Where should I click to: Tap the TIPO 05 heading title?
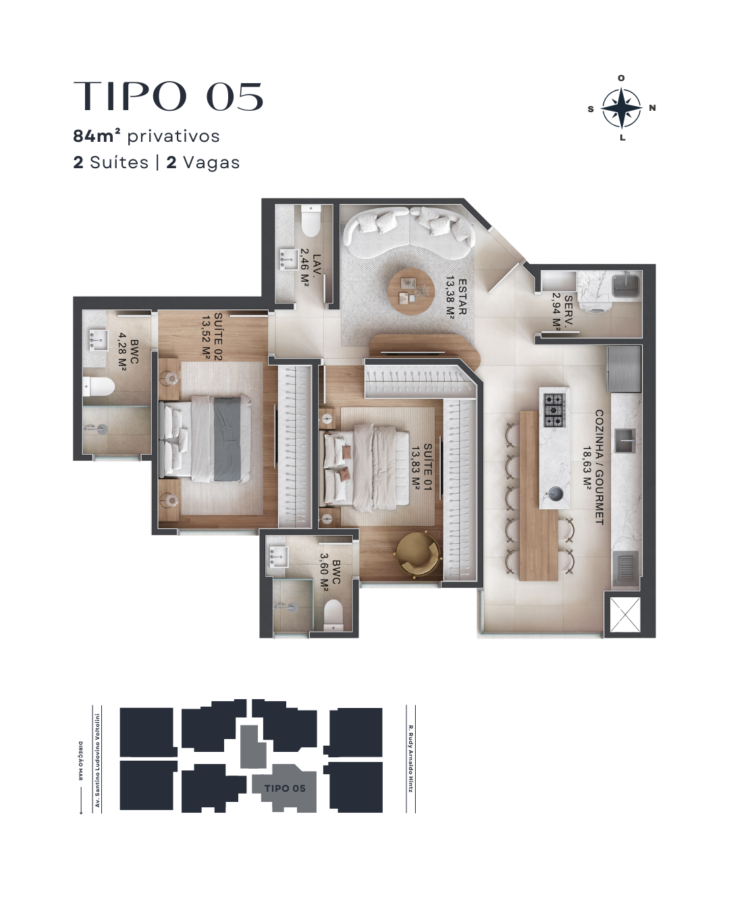click(168, 96)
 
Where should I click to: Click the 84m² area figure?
click(97, 136)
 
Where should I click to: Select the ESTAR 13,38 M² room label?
click(456, 297)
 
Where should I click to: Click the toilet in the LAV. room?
click(310, 221)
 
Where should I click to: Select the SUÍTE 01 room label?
click(421, 467)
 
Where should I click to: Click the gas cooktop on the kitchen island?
click(554, 410)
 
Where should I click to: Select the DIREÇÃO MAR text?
click(80, 761)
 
